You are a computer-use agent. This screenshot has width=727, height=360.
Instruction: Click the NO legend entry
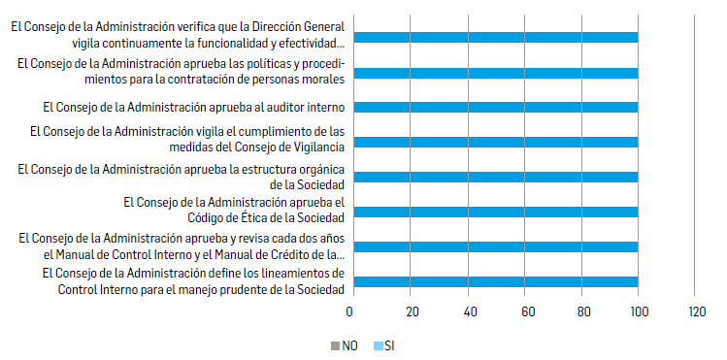(x=344, y=344)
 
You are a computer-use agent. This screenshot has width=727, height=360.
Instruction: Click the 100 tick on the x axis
(x=638, y=312)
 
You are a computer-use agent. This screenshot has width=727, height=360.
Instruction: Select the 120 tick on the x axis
(x=695, y=312)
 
